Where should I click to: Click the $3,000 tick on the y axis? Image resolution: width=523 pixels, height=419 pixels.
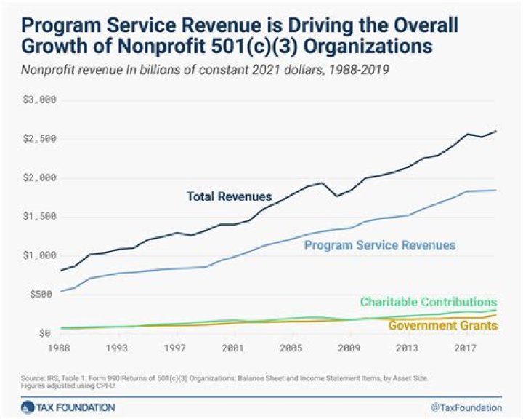pos(41,100)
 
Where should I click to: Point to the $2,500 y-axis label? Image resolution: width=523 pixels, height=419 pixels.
pos(41,139)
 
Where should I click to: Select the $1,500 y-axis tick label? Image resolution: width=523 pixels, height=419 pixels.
pos(41,216)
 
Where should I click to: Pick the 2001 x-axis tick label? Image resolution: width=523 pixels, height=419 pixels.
pos(232,348)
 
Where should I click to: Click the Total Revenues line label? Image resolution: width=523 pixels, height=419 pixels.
pos(229,196)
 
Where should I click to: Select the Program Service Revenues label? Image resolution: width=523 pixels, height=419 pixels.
pos(380,245)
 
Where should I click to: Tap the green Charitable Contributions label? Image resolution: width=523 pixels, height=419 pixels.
pos(428,302)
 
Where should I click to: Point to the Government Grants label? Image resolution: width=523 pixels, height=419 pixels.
pos(442,325)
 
